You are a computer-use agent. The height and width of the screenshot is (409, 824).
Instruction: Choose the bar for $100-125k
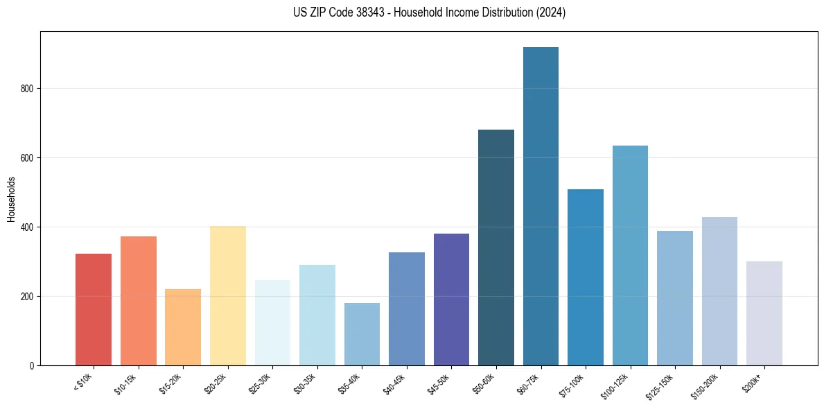tap(630, 256)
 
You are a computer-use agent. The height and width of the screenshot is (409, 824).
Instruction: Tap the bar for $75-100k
tap(586, 277)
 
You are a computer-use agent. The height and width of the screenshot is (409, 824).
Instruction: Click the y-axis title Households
tap(11, 199)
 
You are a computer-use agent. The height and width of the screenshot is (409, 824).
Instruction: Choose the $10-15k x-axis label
tap(126, 384)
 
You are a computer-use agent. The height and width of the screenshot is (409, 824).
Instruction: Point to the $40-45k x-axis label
tap(394, 384)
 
